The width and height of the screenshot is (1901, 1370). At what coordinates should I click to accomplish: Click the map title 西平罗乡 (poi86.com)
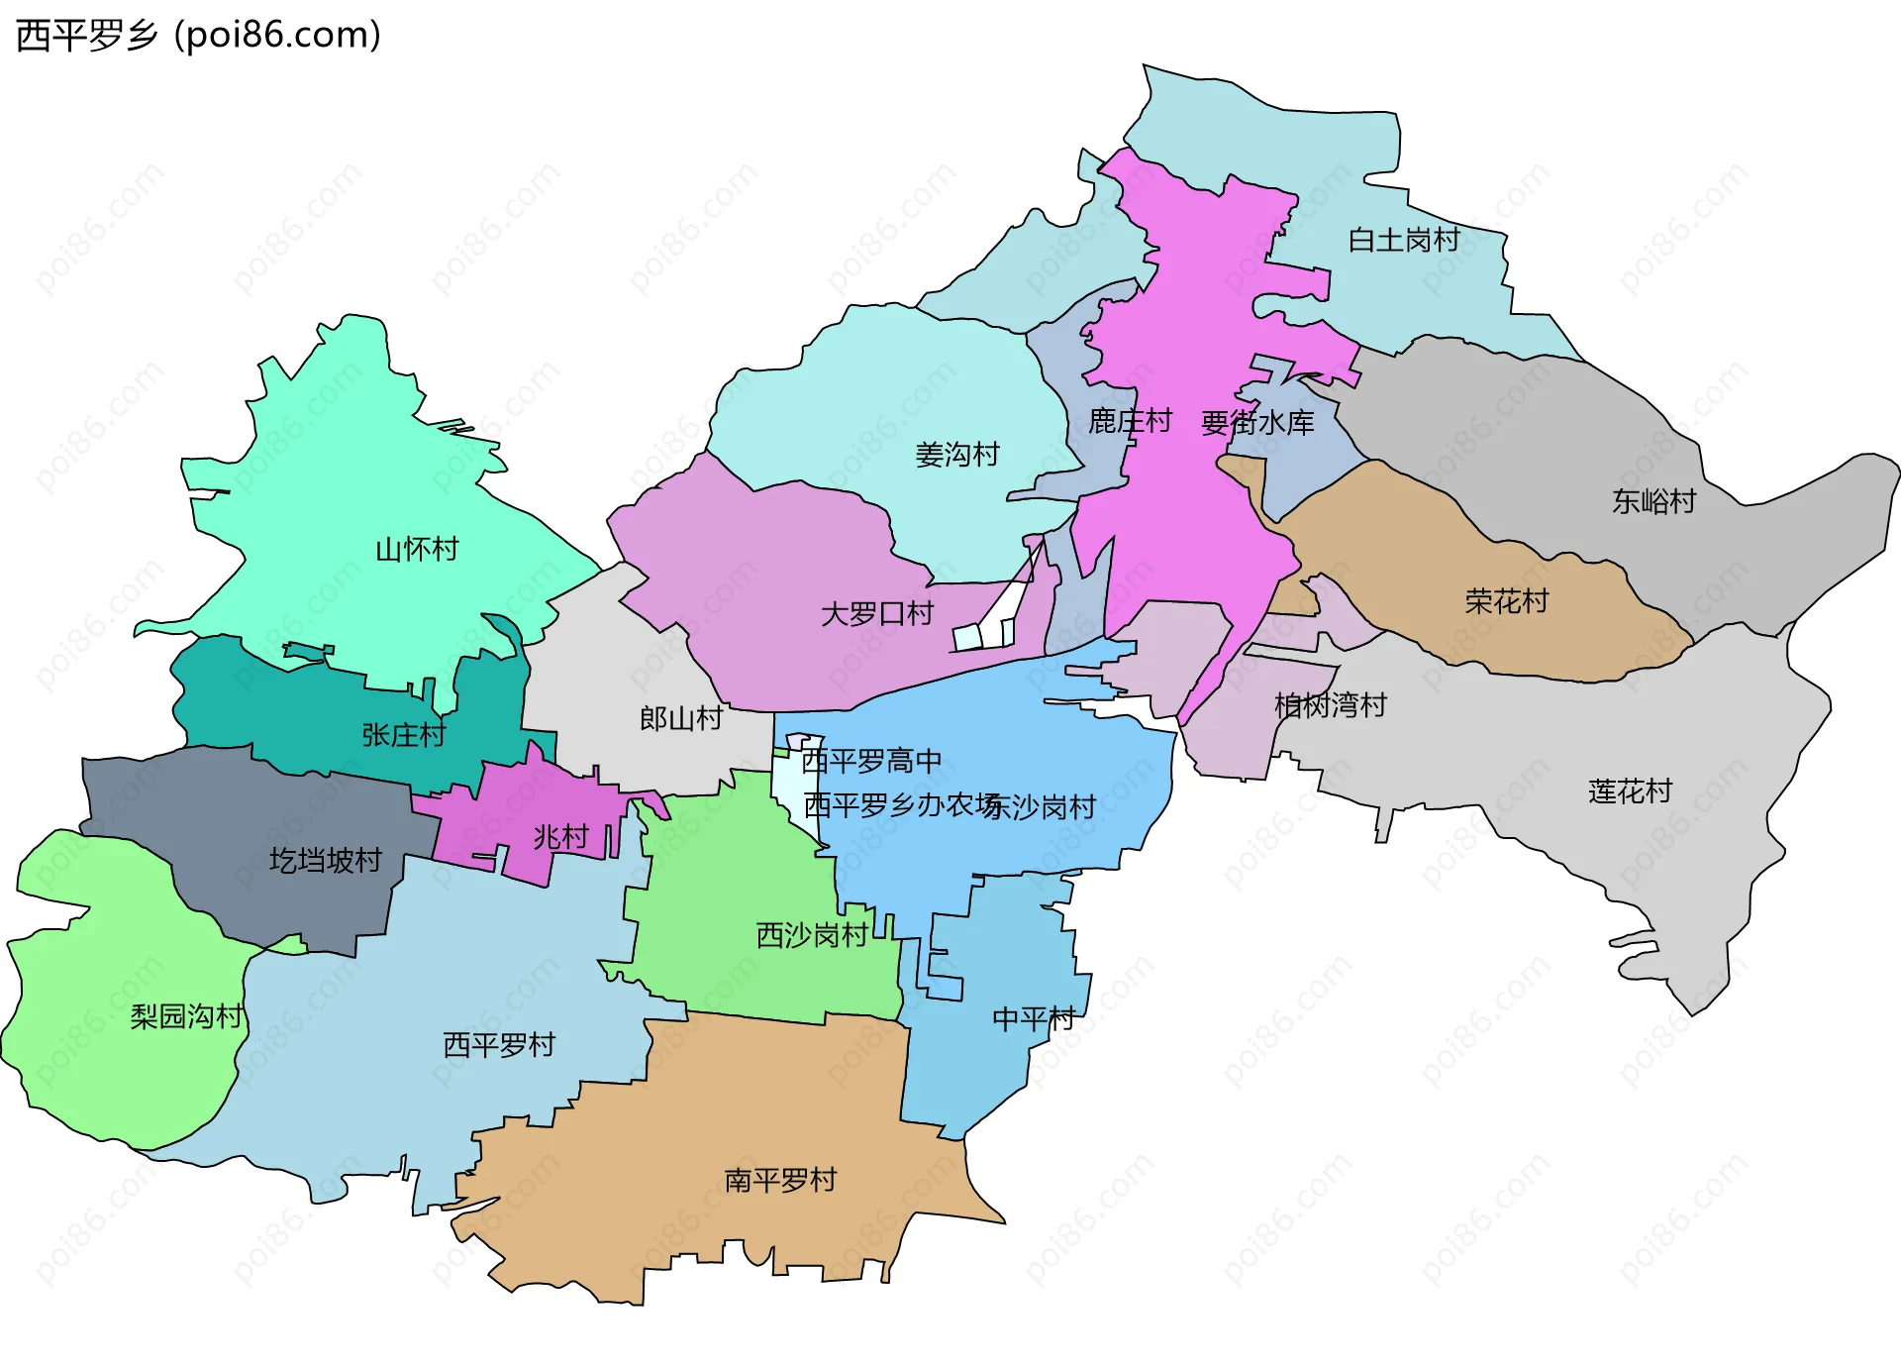[x=198, y=36]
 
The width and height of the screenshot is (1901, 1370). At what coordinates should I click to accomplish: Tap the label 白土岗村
[x=1403, y=240]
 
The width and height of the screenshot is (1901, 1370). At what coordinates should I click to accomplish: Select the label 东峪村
[x=1653, y=501]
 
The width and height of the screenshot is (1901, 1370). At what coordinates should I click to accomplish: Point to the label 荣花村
[x=1506, y=601]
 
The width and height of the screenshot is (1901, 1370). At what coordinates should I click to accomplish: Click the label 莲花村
[x=1630, y=791]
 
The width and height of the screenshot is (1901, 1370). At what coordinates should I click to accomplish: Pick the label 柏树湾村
[x=1330, y=706]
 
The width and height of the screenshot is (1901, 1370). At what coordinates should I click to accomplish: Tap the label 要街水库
[x=1257, y=424]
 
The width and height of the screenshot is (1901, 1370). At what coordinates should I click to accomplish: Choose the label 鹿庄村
[x=1130, y=421]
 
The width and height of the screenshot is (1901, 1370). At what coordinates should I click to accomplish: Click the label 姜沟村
[x=956, y=455]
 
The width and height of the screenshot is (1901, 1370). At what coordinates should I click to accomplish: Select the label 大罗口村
[x=876, y=614]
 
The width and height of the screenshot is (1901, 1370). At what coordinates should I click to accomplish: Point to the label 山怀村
[x=417, y=549]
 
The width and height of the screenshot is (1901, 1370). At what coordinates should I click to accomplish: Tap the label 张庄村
[x=403, y=735]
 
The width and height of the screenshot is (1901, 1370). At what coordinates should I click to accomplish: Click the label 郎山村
[x=680, y=718]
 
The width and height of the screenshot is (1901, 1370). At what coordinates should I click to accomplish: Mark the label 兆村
[x=560, y=837]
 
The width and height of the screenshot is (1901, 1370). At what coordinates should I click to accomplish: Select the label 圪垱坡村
[x=325, y=860]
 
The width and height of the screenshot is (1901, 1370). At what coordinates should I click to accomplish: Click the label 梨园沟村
[x=186, y=1016]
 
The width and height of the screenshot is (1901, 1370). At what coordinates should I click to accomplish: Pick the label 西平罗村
[x=498, y=1045]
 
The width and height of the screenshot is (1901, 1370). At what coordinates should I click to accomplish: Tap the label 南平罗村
[x=780, y=1180]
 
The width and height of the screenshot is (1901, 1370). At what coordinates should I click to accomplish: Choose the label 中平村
[x=1033, y=1018]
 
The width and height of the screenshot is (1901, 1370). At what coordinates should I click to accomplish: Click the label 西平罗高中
[x=870, y=761]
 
